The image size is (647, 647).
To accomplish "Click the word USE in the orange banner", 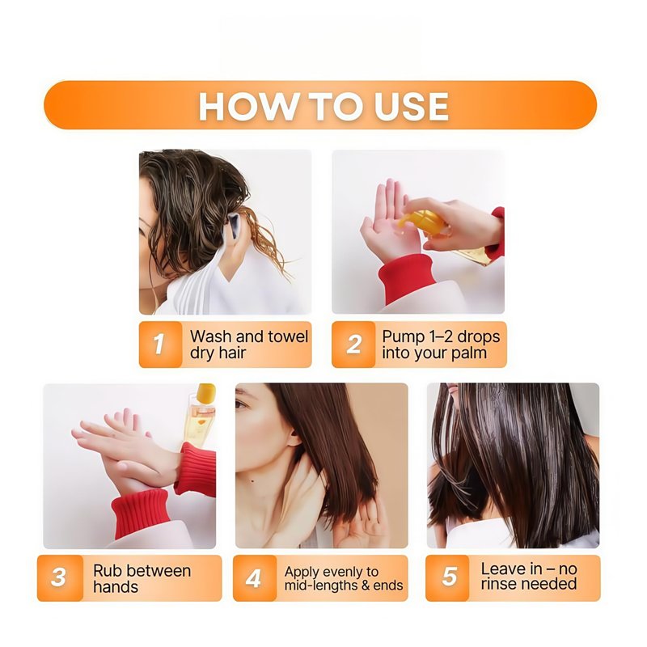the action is click(x=411, y=107).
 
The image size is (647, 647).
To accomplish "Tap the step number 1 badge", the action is click(x=160, y=345).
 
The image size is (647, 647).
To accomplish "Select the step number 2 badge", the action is click(x=353, y=345).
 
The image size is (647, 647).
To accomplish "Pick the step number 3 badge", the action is click(x=60, y=577).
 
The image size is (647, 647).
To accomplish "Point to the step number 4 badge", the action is click(x=254, y=577).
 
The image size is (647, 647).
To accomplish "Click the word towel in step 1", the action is click(x=288, y=336).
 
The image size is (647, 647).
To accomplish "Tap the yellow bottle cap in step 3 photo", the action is click(x=206, y=392).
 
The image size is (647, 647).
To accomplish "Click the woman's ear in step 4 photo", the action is click(x=294, y=438).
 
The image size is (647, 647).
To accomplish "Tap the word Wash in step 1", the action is click(x=211, y=336).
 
